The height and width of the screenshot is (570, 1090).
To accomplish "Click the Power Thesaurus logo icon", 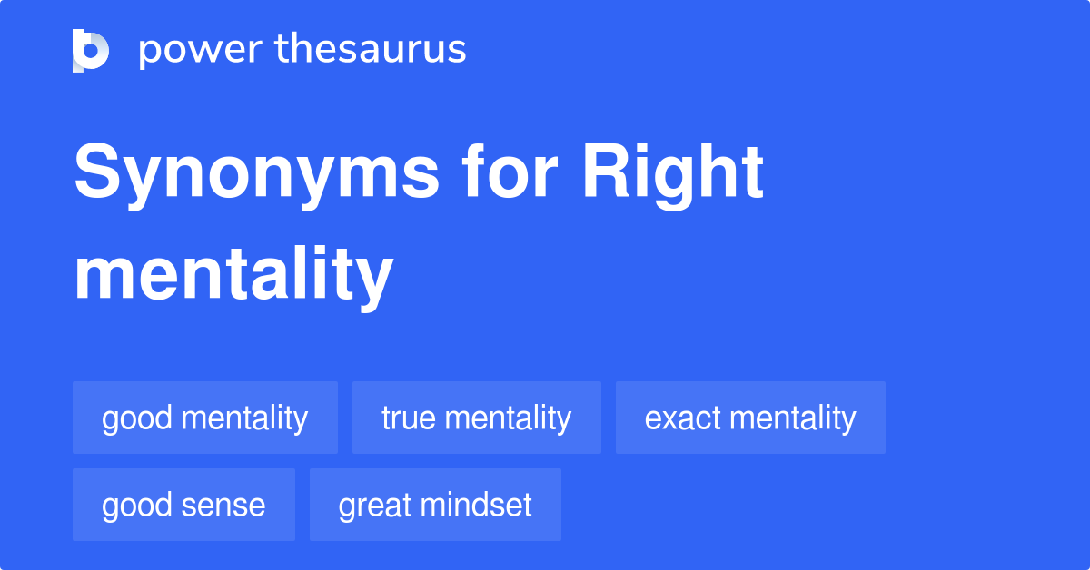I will point(91,50).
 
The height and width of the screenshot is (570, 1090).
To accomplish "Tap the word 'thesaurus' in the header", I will point(371,50).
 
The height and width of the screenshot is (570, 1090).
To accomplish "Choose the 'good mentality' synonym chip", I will point(205,418).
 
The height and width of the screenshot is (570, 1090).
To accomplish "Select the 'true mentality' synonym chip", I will point(477,418).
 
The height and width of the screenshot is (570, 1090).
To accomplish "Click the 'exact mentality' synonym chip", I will point(750,418).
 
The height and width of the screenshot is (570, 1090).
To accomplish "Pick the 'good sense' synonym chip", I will point(183,505).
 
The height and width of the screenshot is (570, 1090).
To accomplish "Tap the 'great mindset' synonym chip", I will point(435,505).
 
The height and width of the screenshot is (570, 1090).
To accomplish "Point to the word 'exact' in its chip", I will point(683,418).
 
